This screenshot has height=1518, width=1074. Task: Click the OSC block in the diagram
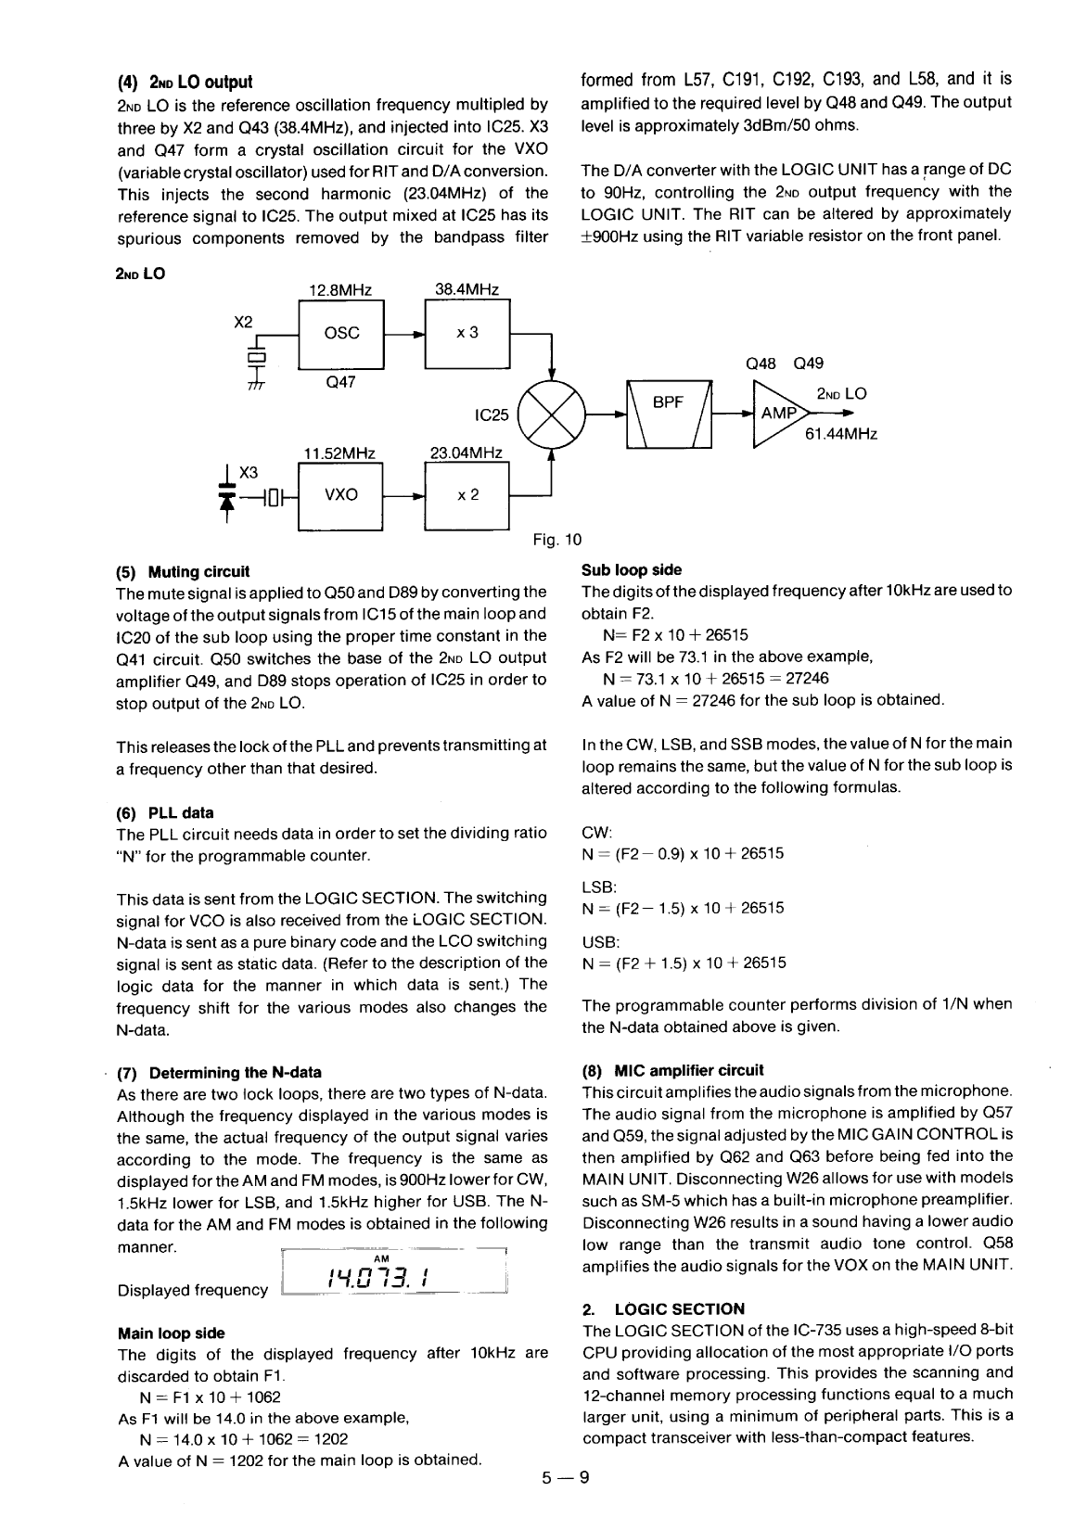(x=341, y=333)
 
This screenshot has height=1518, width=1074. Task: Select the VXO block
(x=341, y=494)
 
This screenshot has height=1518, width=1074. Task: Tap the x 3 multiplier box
(x=467, y=333)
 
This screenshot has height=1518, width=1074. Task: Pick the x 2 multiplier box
(x=467, y=494)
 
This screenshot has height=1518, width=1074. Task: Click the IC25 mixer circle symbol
(x=552, y=415)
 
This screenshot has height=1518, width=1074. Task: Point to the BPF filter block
(x=669, y=415)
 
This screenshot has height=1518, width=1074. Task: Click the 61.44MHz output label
(x=842, y=433)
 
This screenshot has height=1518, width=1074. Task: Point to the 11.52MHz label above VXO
(x=339, y=453)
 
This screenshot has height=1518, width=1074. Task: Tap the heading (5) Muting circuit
(x=183, y=571)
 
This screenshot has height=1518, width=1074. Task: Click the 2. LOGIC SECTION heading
(x=663, y=1308)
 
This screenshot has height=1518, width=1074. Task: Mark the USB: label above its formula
(x=595, y=941)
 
